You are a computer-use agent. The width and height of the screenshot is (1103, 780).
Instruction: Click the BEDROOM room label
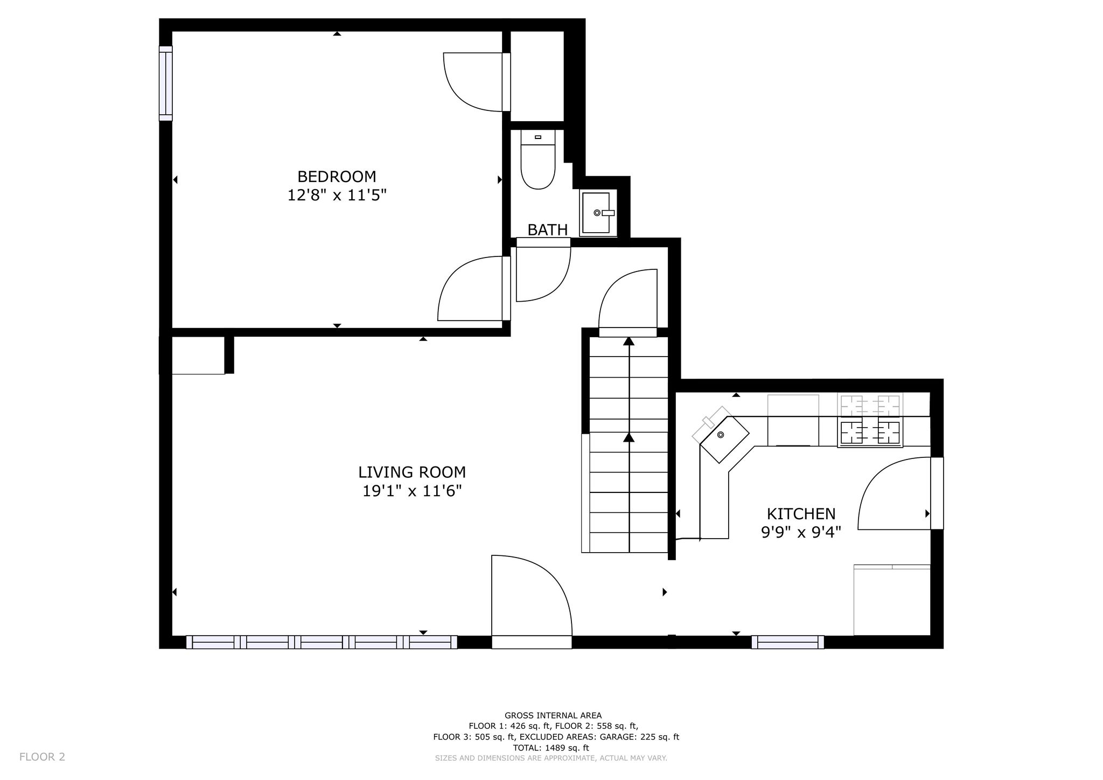tap(337, 176)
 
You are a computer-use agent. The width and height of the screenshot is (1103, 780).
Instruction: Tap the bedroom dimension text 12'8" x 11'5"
tap(337, 195)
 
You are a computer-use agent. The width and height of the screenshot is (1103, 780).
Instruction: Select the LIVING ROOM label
tap(412, 472)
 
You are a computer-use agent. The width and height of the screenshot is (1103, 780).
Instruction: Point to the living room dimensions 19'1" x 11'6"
tap(412, 491)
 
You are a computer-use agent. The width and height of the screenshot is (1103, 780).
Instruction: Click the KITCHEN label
tap(801, 513)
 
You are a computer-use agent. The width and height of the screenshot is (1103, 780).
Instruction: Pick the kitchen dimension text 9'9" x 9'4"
tap(801, 532)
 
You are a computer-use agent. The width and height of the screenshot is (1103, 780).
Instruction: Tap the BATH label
tap(547, 230)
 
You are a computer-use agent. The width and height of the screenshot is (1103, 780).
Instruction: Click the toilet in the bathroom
tap(538, 159)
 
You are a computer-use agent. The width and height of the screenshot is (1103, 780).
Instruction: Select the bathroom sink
tap(598, 212)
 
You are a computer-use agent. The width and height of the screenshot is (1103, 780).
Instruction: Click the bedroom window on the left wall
tap(166, 83)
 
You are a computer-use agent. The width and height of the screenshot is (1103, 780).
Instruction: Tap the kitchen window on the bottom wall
tap(787, 642)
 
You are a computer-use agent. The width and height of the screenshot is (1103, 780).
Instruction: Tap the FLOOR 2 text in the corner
tap(42, 757)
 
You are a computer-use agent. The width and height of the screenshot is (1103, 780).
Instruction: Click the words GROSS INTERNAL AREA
tap(553, 715)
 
